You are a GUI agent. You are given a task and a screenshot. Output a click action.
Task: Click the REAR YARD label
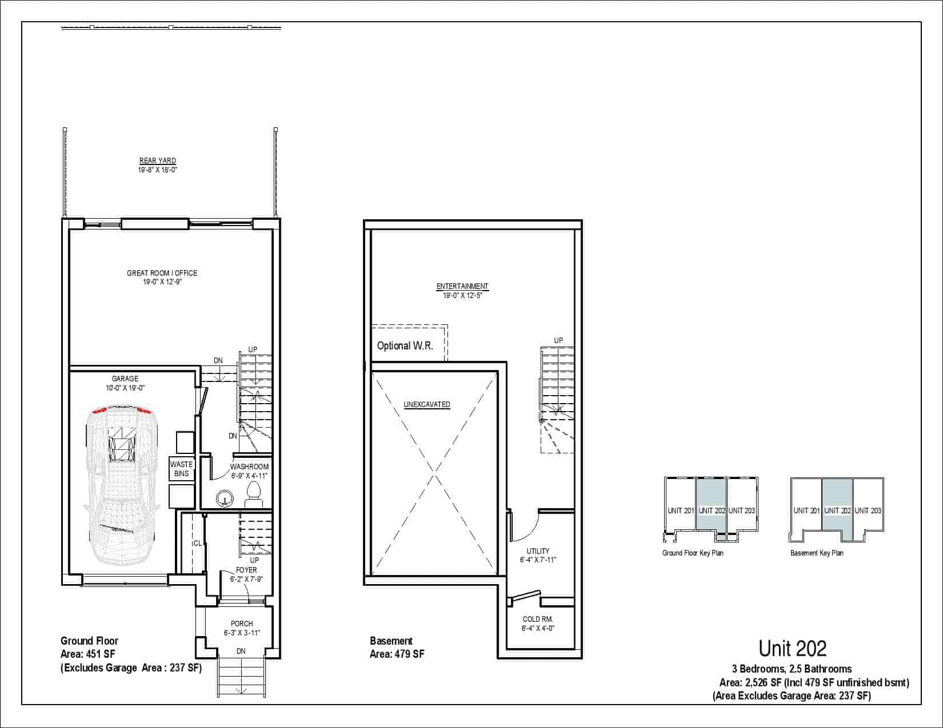pos(158,161)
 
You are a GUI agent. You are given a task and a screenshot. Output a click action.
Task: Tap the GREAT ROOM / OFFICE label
pos(162,273)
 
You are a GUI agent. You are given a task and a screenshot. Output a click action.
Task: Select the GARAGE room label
pos(125,379)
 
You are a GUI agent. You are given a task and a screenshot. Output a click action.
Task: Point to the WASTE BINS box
pos(181,469)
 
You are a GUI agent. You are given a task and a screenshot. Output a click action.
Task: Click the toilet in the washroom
pos(254,494)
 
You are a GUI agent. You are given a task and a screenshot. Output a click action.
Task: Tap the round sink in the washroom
pos(225,498)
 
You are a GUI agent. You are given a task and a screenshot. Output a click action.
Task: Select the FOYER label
pos(246,570)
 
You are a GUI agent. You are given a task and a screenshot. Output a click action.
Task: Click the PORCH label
pos(242,624)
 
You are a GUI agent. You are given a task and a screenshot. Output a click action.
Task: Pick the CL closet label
pos(197,544)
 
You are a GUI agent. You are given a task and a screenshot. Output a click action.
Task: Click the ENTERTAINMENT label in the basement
pos(462,286)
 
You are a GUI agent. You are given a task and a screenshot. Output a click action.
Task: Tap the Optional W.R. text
pos(405,346)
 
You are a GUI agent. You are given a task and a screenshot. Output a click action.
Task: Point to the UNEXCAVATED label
pos(427,405)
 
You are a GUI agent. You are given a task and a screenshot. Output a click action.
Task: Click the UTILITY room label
pos(538,551)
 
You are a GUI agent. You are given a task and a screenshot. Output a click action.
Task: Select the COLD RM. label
pos(538,619)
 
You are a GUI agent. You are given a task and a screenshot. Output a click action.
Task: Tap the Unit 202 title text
pos(793,649)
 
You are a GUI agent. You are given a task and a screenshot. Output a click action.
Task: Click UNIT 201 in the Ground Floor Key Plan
pos(681,511)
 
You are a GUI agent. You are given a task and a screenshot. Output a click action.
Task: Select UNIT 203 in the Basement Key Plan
pos(868,511)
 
